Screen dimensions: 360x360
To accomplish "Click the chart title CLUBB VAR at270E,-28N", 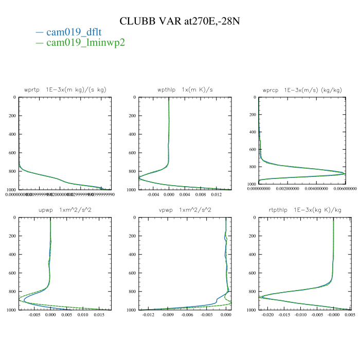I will pyautogui.click(x=180, y=21).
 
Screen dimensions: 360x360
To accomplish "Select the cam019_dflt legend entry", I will pyautogui.click(x=77, y=32).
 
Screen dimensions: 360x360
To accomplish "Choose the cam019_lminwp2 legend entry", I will pyautogui.click(x=85, y=42).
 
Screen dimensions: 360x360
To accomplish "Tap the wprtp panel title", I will pyautogui.click(x=65, y=89).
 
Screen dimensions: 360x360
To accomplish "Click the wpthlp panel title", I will pyautogui.click(x=185, y=89).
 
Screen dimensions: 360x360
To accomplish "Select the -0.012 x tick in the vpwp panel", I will pyautogui.click(x=148, y=315).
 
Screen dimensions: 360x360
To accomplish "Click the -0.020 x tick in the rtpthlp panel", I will pyautogui.click(x=268, y=315).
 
